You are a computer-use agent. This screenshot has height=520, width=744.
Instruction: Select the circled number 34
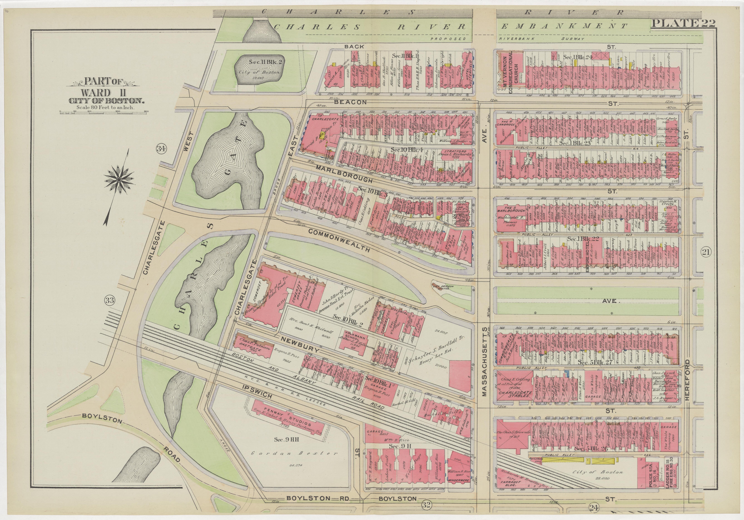click(x=161, y=149)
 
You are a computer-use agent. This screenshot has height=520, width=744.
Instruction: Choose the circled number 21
click(x=706, y=251)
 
